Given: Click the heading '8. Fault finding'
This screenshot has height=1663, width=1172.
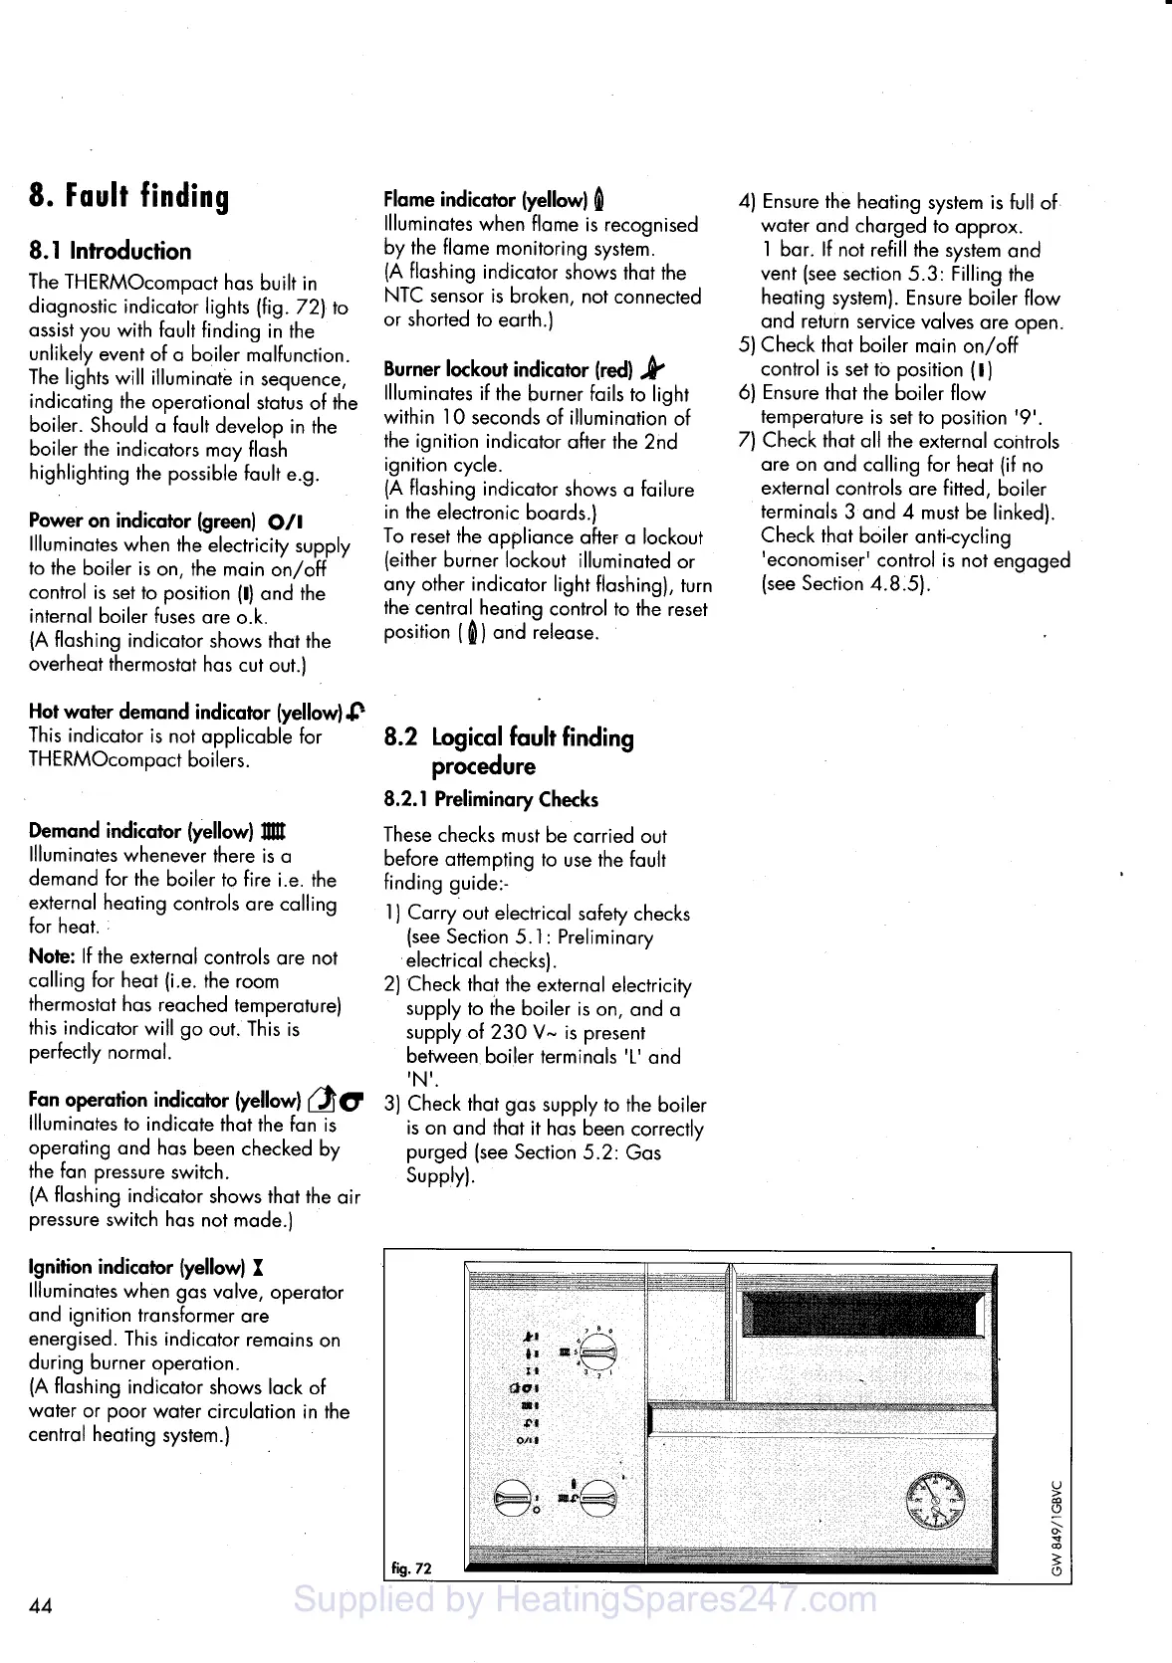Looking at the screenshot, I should pos(129,196).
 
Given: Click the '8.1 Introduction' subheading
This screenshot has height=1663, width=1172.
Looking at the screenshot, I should pos(110,251).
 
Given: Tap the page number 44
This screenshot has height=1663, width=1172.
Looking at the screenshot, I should pos(41,1604).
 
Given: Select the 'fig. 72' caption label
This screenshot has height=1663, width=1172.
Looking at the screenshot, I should pos(411,1568).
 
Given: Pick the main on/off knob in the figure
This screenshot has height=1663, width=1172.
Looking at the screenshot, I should pos(514,1498).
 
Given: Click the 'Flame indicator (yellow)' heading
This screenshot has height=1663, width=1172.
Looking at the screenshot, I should pos(486,199).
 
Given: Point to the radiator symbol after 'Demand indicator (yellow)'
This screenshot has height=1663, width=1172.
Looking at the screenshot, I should pos(273,831).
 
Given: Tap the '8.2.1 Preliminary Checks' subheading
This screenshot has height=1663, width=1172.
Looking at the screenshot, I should pos(491,799).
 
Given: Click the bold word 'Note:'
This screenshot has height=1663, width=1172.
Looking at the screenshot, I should pos(52,957).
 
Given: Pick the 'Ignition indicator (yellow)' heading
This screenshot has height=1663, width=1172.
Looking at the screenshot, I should pos(136,1267).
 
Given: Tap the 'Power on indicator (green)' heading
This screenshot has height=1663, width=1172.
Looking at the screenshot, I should pos(142,520).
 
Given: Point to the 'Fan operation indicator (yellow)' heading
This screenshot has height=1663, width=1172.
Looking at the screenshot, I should pos(164,1100).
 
